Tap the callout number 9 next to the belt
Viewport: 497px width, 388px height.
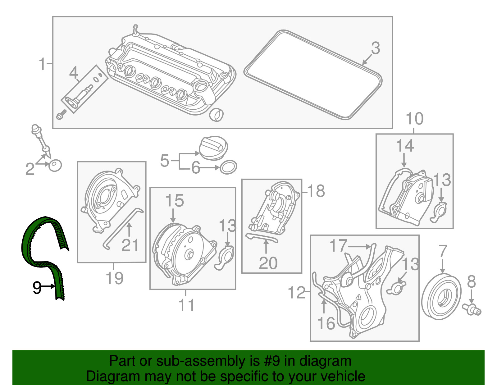37,288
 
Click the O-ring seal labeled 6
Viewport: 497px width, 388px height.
228,167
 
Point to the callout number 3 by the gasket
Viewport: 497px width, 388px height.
376,48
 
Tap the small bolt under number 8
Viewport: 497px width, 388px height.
472,309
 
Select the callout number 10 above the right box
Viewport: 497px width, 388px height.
414,119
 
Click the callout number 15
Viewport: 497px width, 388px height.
175,201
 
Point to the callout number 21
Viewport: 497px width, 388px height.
130,245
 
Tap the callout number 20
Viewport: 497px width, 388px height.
268,263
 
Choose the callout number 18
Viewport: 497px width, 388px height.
316,191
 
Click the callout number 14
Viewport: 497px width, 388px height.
405,146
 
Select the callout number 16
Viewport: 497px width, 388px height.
326,323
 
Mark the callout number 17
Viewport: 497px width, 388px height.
338,246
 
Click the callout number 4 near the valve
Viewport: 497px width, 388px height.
73,73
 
